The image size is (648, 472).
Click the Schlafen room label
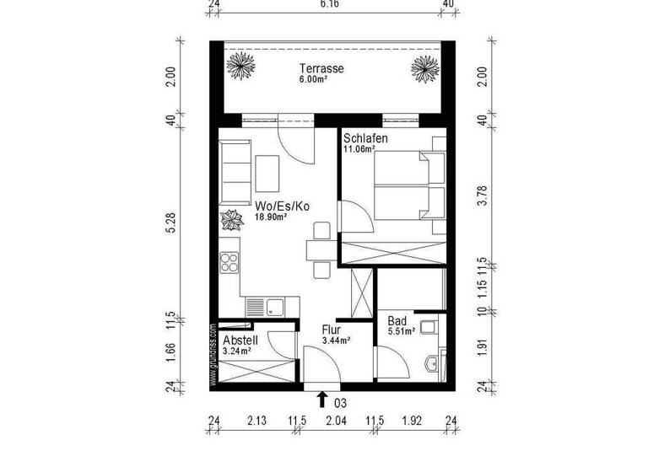364,138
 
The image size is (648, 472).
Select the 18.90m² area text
272,217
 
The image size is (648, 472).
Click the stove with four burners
229,264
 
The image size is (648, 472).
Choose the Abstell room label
240,341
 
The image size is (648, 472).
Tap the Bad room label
397,320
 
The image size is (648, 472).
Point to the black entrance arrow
322,400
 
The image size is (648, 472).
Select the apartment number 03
341,403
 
